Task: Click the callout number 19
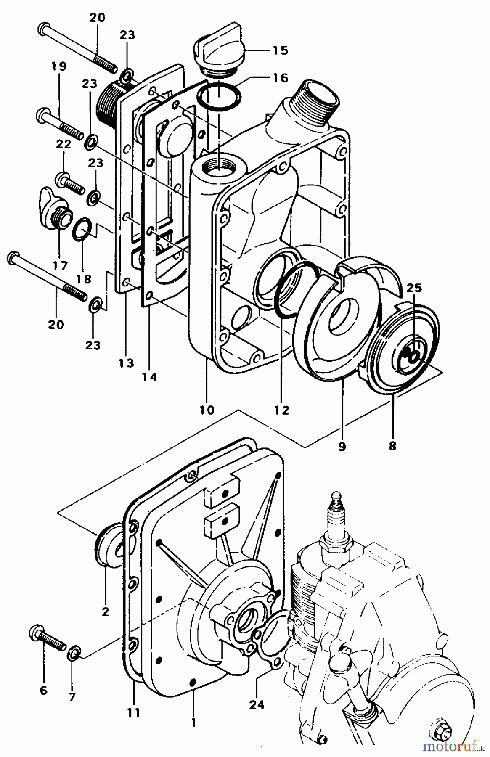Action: point(59,66)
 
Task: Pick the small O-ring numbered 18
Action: point(82,229)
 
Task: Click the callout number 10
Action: point(207,409)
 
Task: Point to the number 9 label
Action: point(341,446)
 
